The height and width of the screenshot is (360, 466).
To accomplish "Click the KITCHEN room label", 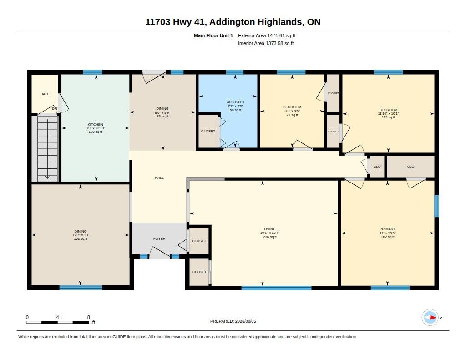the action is click(x=95, y=124).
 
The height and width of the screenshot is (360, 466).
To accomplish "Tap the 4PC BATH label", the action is click(x=235, y=102).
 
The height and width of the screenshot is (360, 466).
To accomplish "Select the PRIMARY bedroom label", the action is click(x=388, y=229).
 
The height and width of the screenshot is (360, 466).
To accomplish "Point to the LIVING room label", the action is click(x=269, y=229).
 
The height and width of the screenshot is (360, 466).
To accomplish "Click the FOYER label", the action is click(x=159, y=239).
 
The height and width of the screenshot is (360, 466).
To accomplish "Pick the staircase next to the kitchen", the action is click(x=47, y=148).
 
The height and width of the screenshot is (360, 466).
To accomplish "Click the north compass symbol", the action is click(x=430, y=318).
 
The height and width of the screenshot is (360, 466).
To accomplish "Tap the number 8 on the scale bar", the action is click(x=89, y=317).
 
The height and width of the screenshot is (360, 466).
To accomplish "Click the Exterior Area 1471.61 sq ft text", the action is click(x=267, y=35).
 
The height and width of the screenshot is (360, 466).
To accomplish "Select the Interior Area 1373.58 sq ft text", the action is click(x=266, y=43).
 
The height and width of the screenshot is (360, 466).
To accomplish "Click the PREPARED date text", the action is click(x=233, y=321).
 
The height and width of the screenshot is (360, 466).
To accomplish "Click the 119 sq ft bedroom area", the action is click(x=388, y=117).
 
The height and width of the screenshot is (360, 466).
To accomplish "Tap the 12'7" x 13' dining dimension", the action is click(x=81, y=235).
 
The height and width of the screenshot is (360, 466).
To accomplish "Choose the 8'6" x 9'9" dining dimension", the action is click(x=162, y=113).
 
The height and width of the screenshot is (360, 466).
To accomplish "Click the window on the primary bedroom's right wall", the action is click(x=436, y=206).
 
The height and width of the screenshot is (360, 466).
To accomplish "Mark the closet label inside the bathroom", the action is click(x=208, y=132).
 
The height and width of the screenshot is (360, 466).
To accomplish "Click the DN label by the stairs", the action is click(x=55, y=108).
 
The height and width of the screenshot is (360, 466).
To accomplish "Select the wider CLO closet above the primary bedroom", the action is click(x=411, y=167).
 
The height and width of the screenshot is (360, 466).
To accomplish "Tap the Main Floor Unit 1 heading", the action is click(x=213, y=35).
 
